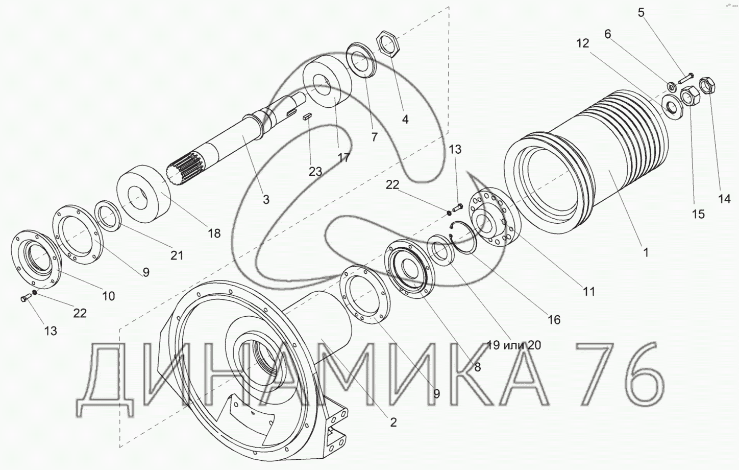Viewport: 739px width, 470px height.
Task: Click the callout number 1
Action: coord(646,253)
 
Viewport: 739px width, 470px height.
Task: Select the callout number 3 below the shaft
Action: coord(266,199)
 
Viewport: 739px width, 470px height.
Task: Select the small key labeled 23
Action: coord(307,118)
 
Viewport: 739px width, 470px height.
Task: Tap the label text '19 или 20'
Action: coord(514,345)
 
